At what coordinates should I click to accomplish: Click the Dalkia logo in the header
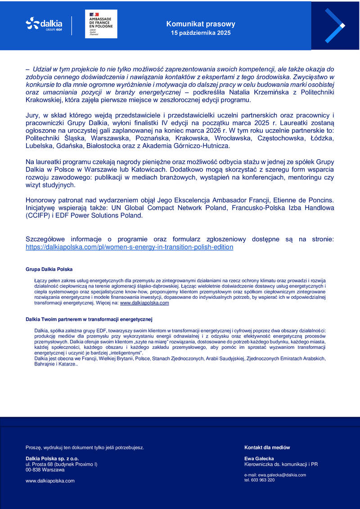pyautogui.click(x=44, y=23)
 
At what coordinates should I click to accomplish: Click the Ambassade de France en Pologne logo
pyautogui.click(x=101, y=23)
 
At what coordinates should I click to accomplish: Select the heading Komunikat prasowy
pyautogui.click(x=201, y=24)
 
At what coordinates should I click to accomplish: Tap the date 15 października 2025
pyautogui.click(x=201, y=33)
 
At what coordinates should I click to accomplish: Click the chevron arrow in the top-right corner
pyautogui.click(x=335, y=26)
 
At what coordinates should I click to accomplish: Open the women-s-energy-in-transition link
pyautogui.click(x=130, y=247)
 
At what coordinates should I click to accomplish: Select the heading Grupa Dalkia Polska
pyautogui.click(x=49, y=269)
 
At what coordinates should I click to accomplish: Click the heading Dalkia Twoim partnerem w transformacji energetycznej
pyautogui.click(x=89, y=320)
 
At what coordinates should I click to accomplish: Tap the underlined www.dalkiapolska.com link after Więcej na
pyautogui.click(x=144, y=303)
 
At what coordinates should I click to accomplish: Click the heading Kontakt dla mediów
pyautogui.click(x=267, y=447)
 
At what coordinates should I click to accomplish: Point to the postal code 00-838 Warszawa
pyautogui.click(x=45, y=469)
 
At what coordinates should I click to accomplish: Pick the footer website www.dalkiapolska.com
pyautogui.click(x=50, y=481)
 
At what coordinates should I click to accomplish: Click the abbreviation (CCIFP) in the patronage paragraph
pyautogui.click(x=39, y=216)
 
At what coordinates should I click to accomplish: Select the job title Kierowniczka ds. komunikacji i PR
pyautogui.click(x=281, y=464)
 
